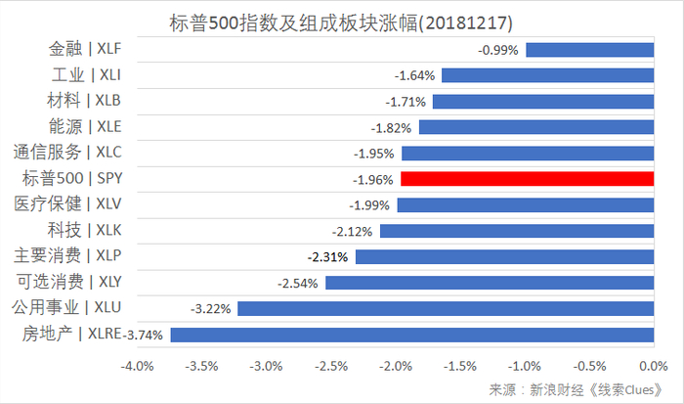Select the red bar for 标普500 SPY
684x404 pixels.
point(527,179)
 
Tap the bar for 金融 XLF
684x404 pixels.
point(589,49)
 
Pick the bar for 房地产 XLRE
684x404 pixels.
point(411,335)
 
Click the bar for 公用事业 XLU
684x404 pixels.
point(446,308)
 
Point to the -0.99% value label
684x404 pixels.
point(497,49)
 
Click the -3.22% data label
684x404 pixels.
point(208,308)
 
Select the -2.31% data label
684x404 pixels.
point(326,256)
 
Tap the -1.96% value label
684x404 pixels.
point(372,179)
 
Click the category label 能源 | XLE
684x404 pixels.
point(85,126)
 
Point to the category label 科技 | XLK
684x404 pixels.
point(85,230)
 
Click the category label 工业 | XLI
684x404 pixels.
point(85,74)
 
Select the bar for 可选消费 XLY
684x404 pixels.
point(490,283)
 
